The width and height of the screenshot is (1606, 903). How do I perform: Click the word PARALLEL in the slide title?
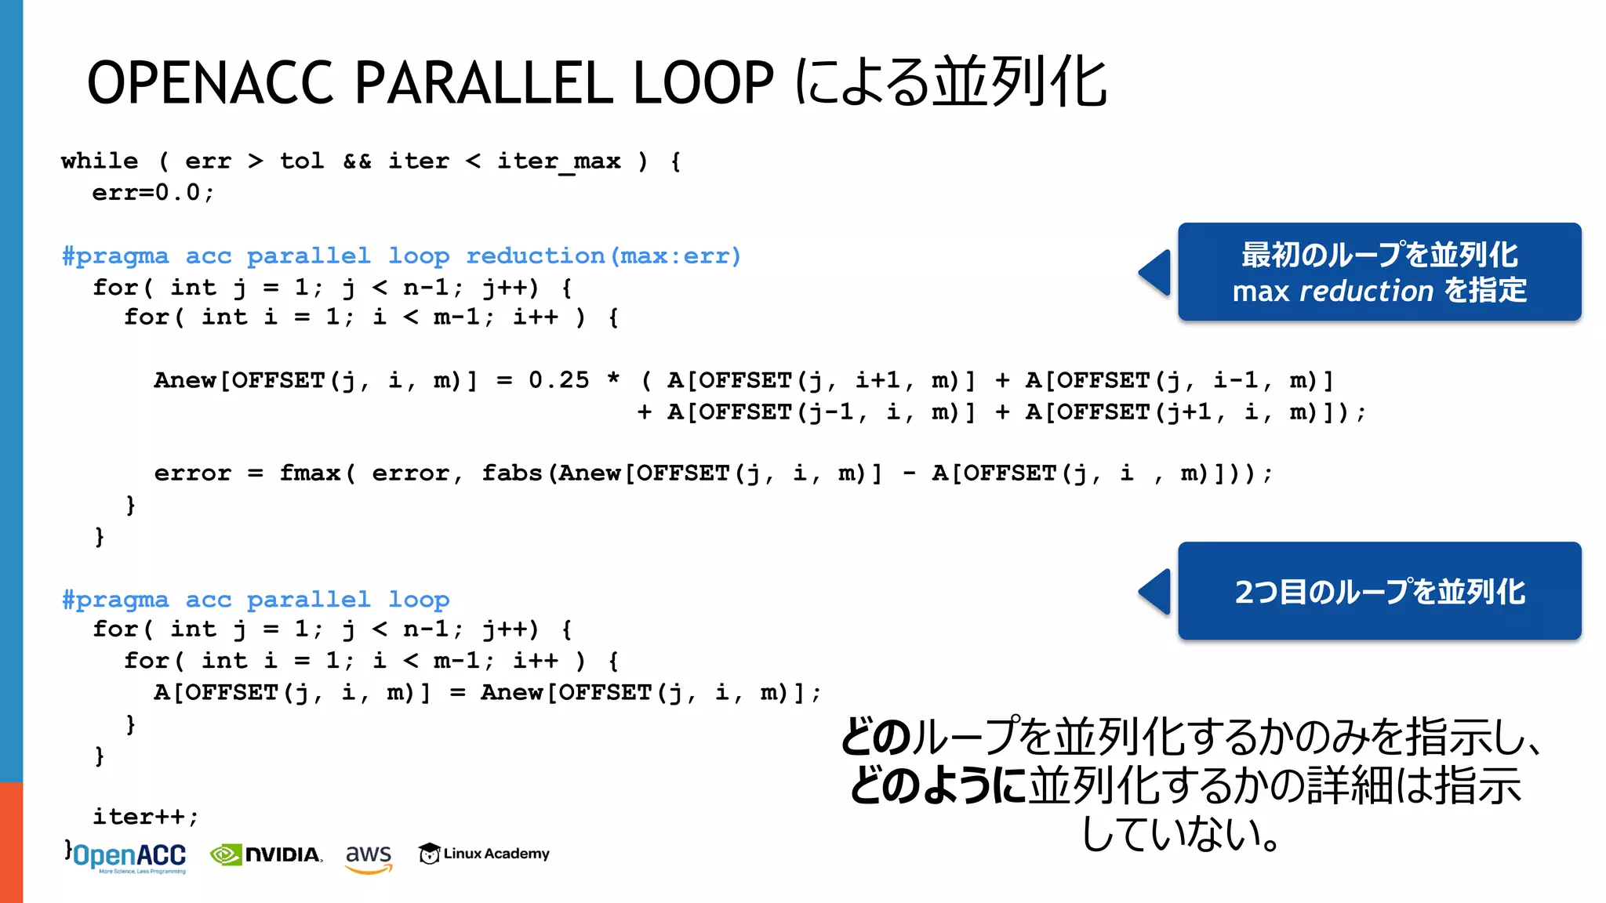[x=483, y=82]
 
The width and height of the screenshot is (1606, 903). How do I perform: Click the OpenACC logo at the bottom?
[x=130, y=856]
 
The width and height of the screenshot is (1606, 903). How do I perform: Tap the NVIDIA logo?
[x=267, y=854]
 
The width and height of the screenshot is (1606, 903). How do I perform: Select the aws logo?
[x=369, y=856]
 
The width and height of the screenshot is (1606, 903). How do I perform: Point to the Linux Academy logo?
[x=484, y=854]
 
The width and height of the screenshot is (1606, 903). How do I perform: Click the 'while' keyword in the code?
[x=100, y=161]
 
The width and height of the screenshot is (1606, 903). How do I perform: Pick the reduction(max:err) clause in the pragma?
[x=603, y=256]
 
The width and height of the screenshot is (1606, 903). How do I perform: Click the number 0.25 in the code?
[x=558, y=380]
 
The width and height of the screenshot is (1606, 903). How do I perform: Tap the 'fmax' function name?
[x=310, y=473]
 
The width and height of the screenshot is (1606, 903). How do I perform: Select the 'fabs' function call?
[x=512, y=473]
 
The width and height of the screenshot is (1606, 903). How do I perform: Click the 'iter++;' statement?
[x=146, y=817]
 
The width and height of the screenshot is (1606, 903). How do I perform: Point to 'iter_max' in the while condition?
[x=558, y=161]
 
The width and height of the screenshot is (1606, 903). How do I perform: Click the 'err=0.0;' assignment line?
[x=153, y=193]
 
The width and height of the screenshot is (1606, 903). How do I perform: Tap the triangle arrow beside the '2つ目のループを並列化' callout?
[x=1156, y=592]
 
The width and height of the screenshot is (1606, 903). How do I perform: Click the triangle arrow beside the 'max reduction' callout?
[x=1156, y=273]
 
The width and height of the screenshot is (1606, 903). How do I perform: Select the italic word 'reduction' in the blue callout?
[x=1367, y=292]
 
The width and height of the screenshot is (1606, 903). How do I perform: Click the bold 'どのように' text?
[x=938, y=785]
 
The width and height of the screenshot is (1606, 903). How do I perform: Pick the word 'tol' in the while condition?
[x=302, y=161]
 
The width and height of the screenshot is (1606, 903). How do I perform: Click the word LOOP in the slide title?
[x=703, y=82]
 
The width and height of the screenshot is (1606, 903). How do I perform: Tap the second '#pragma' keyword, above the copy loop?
[x=115, y=600]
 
